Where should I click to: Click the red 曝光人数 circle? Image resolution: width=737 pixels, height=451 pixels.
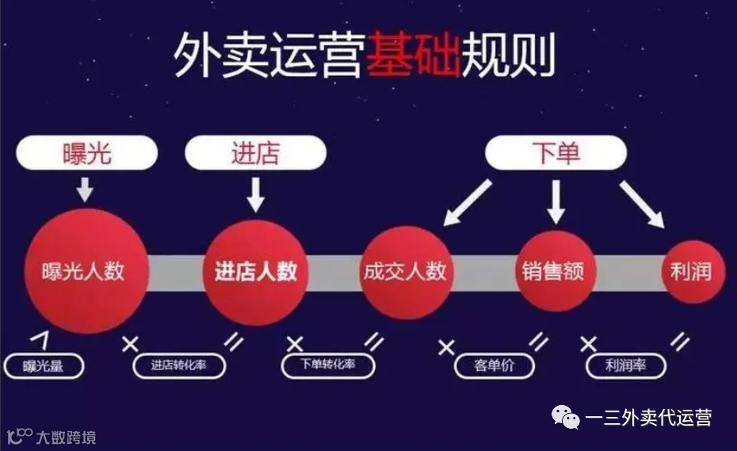pyautogui.click(x=82, y=271)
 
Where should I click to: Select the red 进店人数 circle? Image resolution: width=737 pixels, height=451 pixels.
pyautogui.click(x=255, y=271)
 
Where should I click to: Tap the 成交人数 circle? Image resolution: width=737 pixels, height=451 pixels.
pyautogui.click(x=404, y=272)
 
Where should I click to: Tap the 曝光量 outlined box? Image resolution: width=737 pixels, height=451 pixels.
pyautogui.click(x=44, y=365)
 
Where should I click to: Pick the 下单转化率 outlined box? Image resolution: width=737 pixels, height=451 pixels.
pyautogui.click(x=328, y=365)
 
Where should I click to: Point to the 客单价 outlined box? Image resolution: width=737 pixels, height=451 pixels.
pyautogui.click(x=494, y=366)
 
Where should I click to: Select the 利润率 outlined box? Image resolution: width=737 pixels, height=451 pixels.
pyautogui.click(x=626, y=366)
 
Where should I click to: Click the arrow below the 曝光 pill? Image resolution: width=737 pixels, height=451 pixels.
pyautogui.click(x=86, y=189)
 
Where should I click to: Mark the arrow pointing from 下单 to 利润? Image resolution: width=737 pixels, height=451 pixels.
pyautogui.click(x=642, y=203)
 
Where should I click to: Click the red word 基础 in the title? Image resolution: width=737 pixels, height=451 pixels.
pyautogui.click(x=412, y=55)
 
